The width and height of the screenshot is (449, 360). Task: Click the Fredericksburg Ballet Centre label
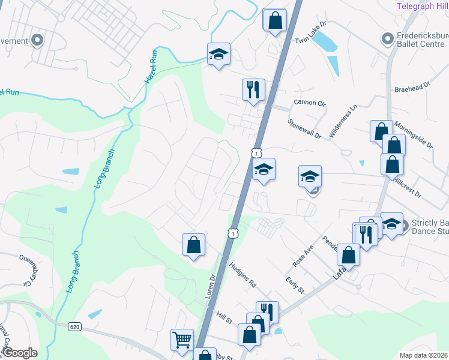pos(422,39)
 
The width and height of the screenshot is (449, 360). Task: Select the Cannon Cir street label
pos(309,103)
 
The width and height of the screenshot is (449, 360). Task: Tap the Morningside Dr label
pos(414,135)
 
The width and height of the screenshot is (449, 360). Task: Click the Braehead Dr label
pos(414,88)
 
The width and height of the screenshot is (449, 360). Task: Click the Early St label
pos(295,284)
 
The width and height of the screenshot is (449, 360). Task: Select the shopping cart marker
pos(182,340)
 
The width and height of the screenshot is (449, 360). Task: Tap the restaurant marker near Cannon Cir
pos(253,89)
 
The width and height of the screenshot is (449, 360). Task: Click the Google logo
pos(20,353)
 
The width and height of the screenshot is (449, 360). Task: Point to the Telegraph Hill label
pos(422,6)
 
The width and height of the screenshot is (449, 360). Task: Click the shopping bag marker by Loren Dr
pos(193,245)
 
